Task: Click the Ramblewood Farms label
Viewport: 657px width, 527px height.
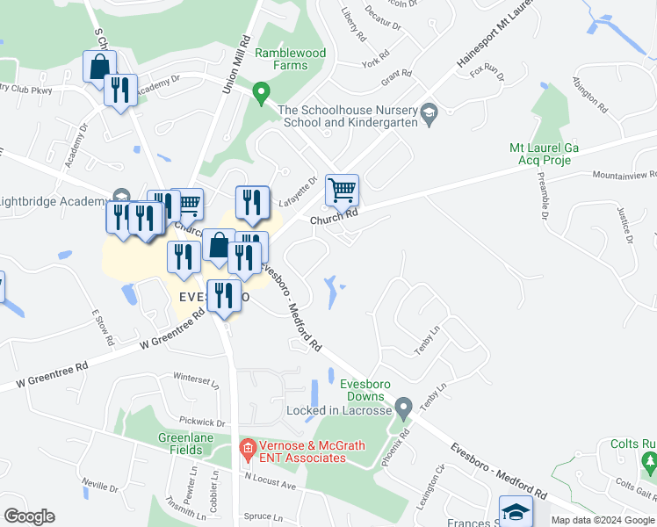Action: click(x=290, y=59)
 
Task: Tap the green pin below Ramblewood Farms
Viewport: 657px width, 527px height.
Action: click(x=261, y=91)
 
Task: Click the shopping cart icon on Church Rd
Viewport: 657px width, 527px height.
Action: click(x=341, y=190)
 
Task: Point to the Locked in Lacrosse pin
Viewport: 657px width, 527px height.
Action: click(x=403, y=408)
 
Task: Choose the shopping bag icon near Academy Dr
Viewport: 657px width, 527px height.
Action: click(x=100, y=66)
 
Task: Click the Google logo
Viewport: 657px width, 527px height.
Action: click(x=29, y=516)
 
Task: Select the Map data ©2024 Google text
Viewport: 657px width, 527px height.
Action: click(x=602, y=520)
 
